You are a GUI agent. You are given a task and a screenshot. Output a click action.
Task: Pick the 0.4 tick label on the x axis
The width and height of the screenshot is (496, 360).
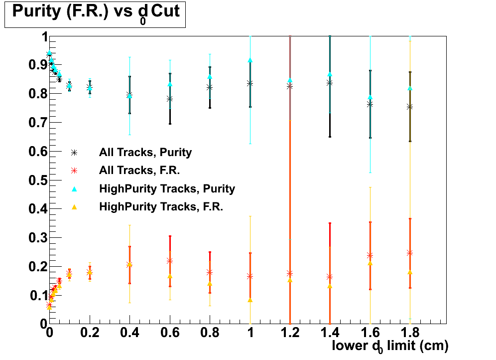(129, 333)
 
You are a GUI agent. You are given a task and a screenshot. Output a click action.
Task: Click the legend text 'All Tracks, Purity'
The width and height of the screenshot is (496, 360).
(145, 152)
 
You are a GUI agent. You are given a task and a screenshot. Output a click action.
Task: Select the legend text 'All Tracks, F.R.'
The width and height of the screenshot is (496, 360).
(139, 170)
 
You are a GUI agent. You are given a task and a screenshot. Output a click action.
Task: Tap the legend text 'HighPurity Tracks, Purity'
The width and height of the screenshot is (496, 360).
(167, 188)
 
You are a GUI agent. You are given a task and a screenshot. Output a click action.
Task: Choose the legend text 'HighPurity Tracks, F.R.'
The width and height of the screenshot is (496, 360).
(161, 206)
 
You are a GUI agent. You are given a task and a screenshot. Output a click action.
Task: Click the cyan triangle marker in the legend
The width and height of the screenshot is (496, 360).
(74, 188)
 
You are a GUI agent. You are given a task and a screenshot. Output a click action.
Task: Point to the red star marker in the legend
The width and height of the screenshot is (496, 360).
(74, 170)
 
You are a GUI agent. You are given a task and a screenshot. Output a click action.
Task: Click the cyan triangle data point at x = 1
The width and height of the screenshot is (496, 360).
(250, 60)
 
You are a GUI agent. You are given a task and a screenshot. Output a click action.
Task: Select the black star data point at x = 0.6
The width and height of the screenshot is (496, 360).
(170, 99)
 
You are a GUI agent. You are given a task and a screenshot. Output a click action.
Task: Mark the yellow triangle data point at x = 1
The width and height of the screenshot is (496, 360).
(250, 300)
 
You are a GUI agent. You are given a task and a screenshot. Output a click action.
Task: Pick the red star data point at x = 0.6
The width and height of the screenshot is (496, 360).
(170, 261)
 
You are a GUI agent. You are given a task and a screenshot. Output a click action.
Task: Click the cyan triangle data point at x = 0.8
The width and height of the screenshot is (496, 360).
(210, 77)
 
